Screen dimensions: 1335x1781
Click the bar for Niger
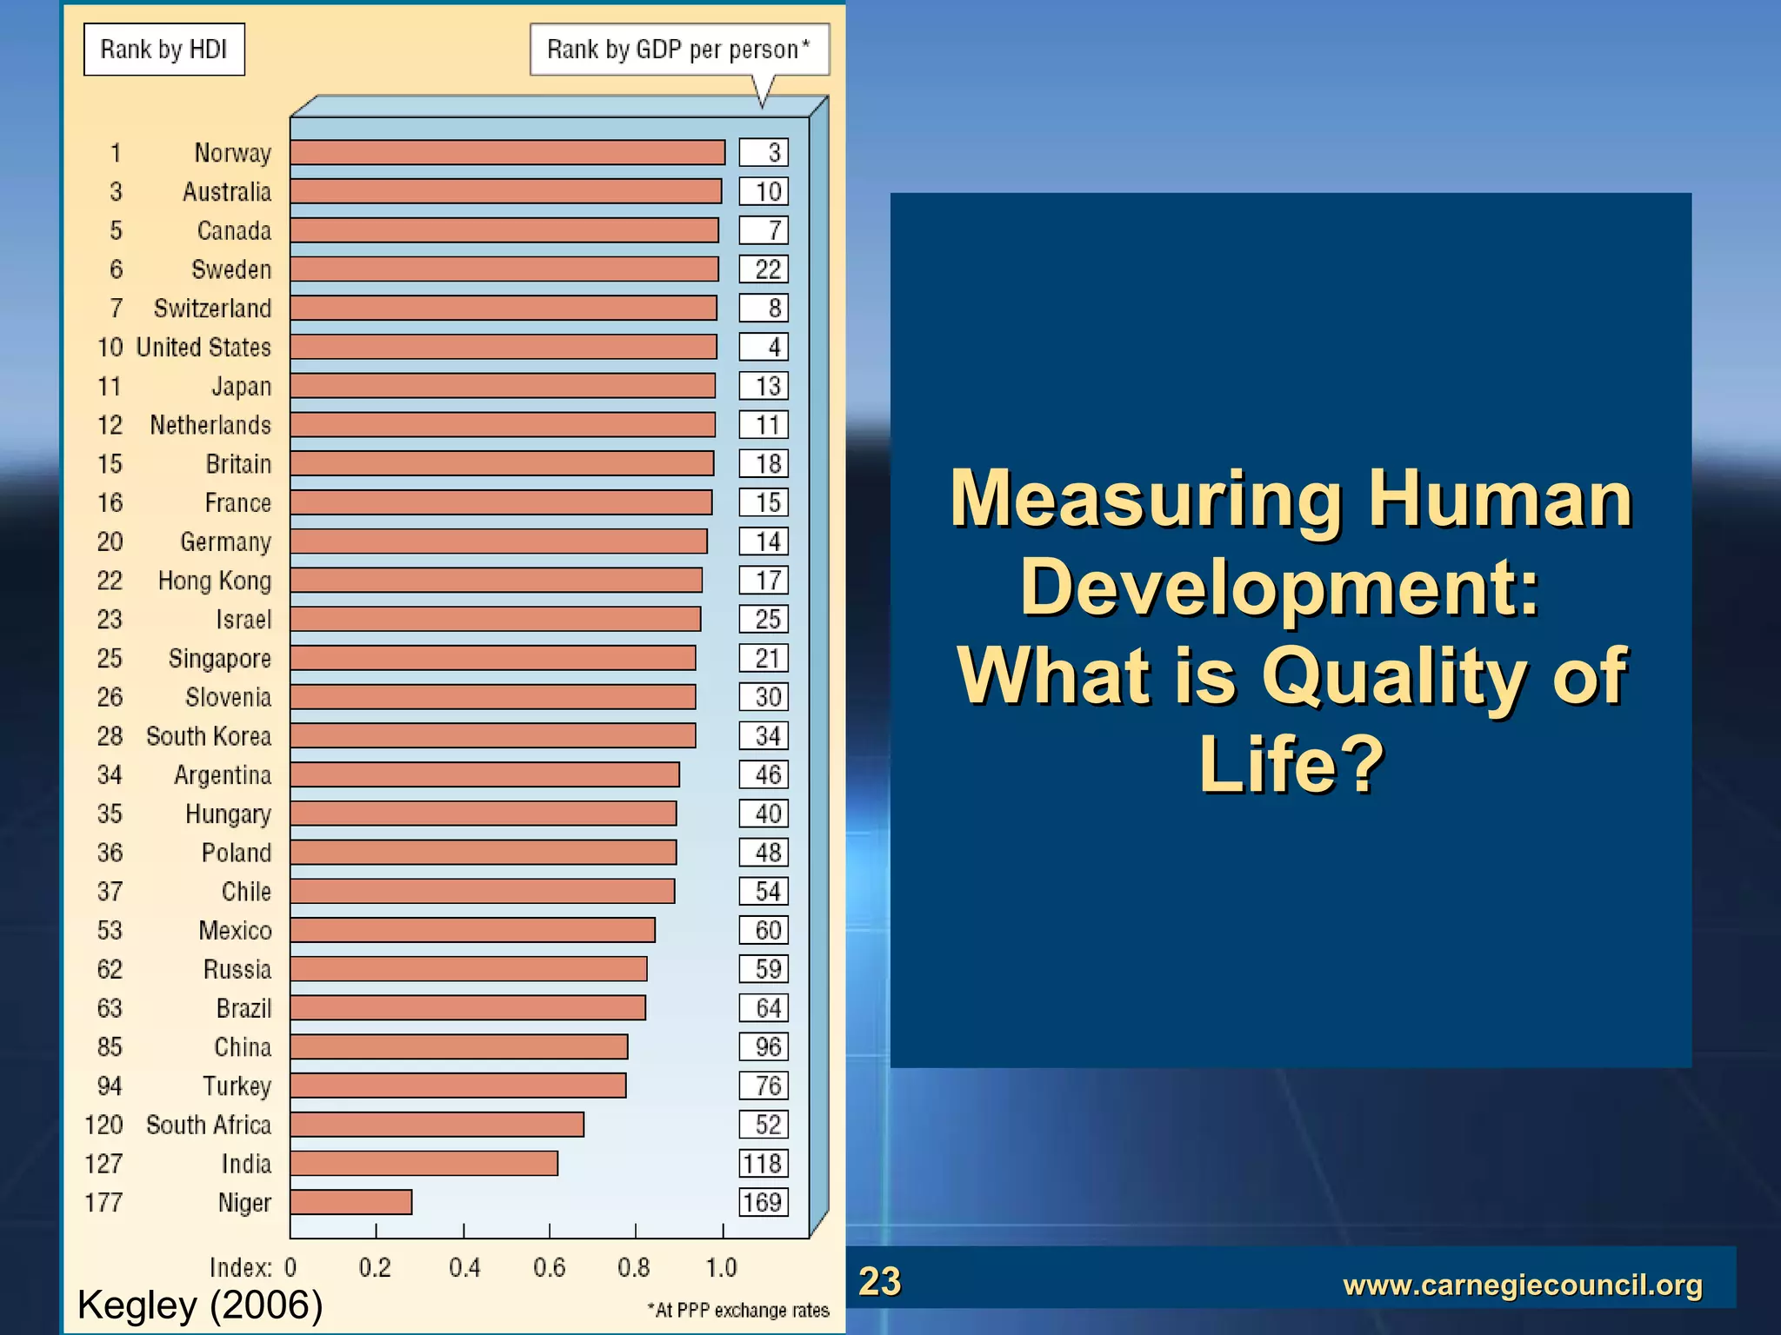coord(350,1202)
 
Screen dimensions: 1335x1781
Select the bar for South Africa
coord(437,1125)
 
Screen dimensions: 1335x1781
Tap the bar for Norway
coord(507,153)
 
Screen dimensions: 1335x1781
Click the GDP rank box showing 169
coord(764,1202)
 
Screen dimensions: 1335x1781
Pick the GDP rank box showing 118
coord(764,1164)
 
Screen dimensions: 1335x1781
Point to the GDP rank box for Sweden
coord(764,269)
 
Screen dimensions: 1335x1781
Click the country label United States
coord(203,348)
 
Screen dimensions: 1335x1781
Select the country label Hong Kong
coord(214,581)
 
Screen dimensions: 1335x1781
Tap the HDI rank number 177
coord(103,1203)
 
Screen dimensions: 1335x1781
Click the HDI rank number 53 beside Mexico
coord(110,931)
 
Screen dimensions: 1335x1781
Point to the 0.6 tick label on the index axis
coord(549,1268)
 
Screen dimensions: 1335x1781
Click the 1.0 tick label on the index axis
coord(721,1268)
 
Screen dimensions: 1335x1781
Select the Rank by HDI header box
coord(163,50)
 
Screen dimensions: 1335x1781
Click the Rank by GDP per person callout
coord(678,50)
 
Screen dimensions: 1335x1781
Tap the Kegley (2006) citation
coord(200,1305)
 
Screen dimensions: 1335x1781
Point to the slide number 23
coord(879,1281)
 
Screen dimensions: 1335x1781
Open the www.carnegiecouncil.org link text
coord(1522,1285)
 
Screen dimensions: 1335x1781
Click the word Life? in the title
coord(1291,764)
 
